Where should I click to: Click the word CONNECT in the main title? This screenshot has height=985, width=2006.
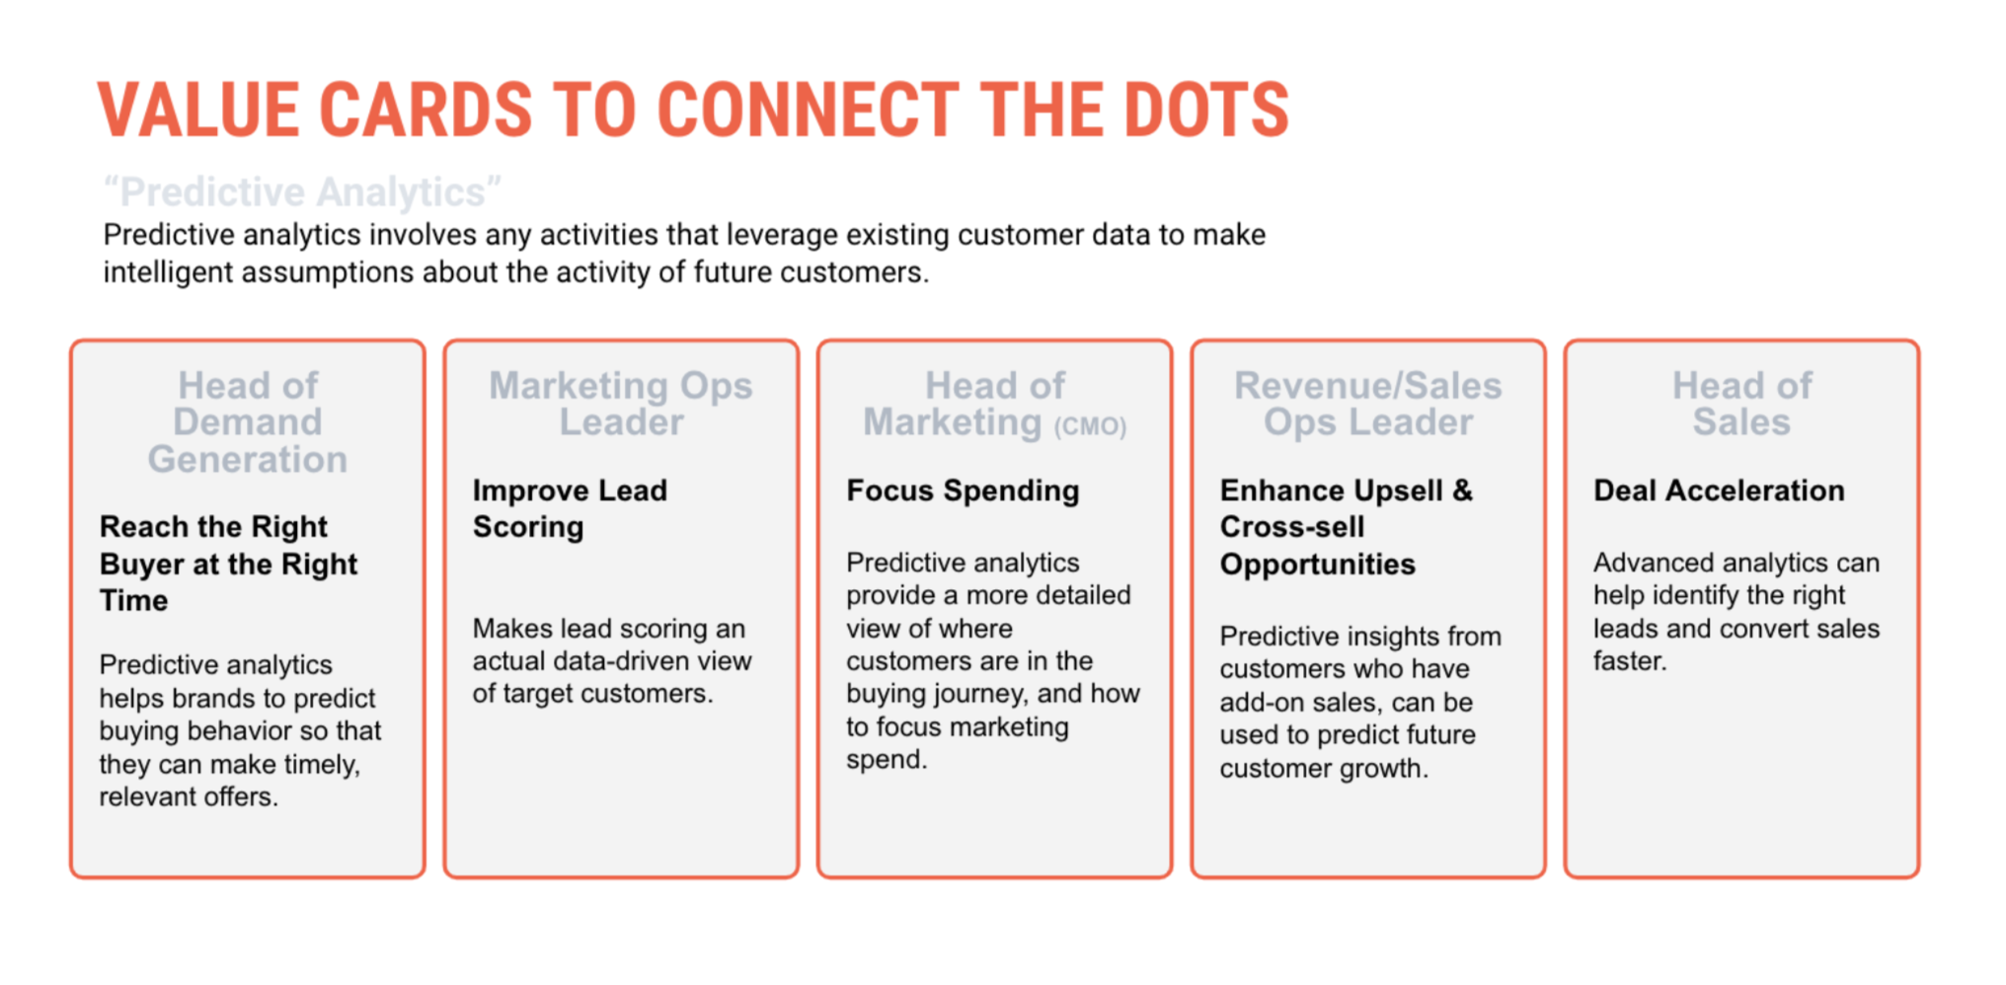pyautogui.click(x=808, y=109)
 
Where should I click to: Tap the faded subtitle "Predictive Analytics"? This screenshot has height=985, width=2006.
pyautogui.click(x=302, y=191)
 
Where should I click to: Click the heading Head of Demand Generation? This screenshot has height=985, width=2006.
pyautogui.click(x=248, y=422)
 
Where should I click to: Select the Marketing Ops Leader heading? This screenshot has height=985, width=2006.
pyautogui.click(x=621, y=404)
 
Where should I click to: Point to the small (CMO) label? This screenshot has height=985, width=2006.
pyautogui.click(x=1090, y=426)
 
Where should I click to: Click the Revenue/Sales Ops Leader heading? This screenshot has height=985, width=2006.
pyautogui.click(x=1368, y=404)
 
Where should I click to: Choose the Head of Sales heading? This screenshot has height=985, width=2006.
pyautogui.click(x=1741, y=404)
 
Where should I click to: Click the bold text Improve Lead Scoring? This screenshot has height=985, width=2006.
pyautogui.click(x=570, y=508)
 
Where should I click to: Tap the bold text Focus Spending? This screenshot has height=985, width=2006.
pyautogui.click(x=963, y=491)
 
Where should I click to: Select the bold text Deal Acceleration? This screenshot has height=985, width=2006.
pyautogui.click(x=1719, y=491)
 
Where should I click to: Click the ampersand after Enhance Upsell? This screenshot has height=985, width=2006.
pyautogui.click(x=1462, y=491)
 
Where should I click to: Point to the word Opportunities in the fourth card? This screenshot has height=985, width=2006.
pyautogui.click(x=1317, y=565)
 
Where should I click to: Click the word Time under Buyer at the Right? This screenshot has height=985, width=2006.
pyautogui.click(x=134, y=600)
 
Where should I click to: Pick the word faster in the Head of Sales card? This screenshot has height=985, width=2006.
pyautogui.click(x=1629, y=661)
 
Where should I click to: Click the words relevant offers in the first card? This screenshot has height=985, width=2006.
pyautogui.click(x=189, y=796)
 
